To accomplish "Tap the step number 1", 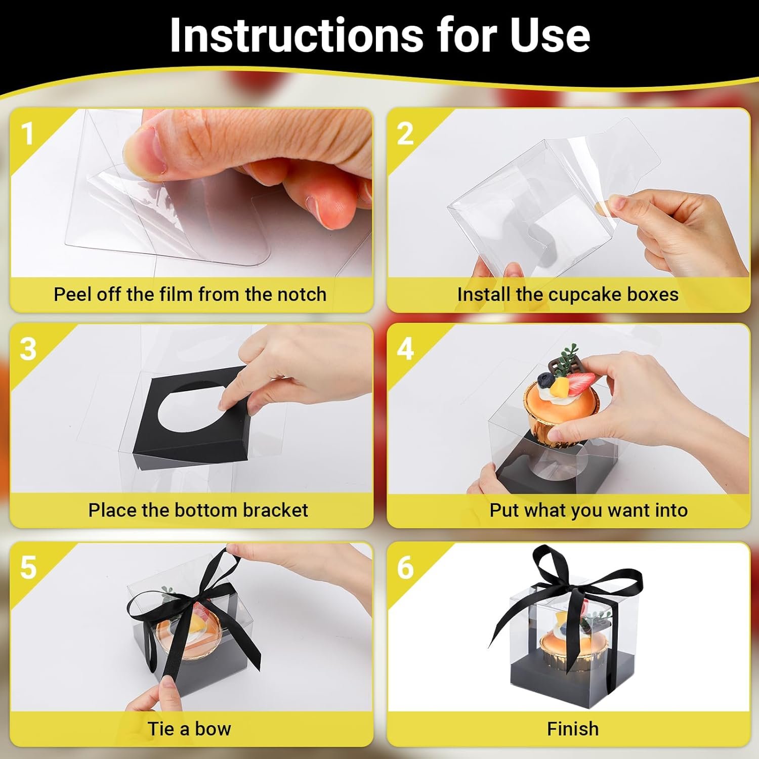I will [x=27, y=134].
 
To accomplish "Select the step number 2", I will [x=405, y=134].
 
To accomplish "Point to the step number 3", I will [x=28, y=349].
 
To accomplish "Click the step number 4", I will [x=405, y=349].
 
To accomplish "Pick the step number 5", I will [x=28, y=568].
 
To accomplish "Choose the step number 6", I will [x=405, y=568].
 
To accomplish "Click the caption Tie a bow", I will [x=189, y=729].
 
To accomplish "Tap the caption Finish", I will [x=573, y=729].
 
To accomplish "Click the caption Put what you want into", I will [x=588, y=510].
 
